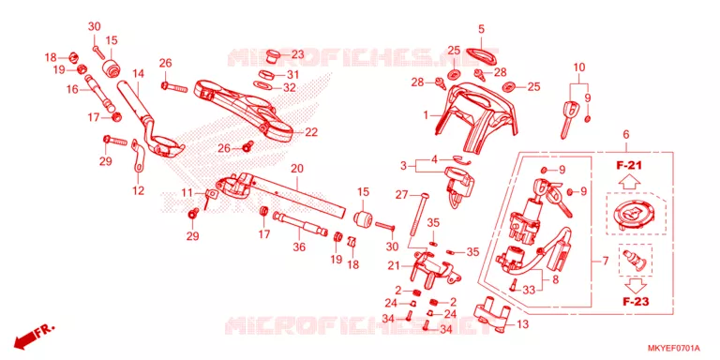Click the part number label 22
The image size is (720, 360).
311,133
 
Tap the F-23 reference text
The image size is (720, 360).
635,302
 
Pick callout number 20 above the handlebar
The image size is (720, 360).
297,169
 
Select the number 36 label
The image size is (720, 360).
299,247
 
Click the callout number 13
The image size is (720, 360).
522,324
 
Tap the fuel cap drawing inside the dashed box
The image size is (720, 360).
635,215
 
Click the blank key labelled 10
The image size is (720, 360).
567,117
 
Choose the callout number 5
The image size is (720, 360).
481,29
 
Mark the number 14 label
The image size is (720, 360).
138,73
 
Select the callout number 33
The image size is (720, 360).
530,290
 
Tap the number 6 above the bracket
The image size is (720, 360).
626,135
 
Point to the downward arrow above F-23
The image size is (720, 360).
635,285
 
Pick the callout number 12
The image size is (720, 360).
138,190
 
